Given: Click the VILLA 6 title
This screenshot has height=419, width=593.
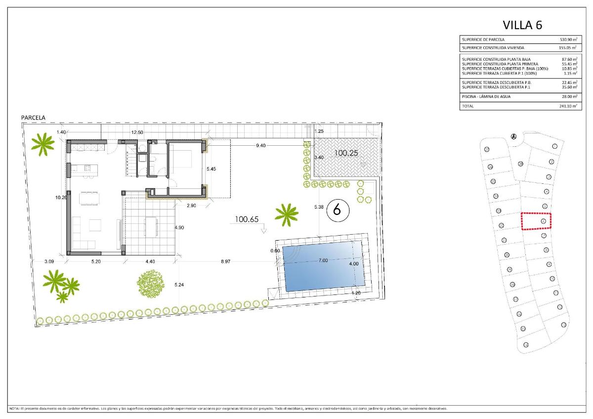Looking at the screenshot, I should coord(522,25).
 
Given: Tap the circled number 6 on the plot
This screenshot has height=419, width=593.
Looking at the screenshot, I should coord(338,209).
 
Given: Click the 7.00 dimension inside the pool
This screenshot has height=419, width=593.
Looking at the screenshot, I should coord(323,260).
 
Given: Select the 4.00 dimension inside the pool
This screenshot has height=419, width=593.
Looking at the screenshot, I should coord(354,264).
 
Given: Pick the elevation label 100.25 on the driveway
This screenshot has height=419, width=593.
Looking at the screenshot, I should coord(346,153).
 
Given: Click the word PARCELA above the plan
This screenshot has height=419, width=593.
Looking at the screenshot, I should coord(33,118).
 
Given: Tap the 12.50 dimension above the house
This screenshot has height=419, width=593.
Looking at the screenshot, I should coord(137,132).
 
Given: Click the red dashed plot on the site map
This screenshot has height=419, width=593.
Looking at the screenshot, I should coord(537,221).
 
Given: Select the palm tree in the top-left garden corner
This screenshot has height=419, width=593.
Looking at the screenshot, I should coord(43,143).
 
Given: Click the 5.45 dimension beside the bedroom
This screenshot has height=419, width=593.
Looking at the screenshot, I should coord(212,169).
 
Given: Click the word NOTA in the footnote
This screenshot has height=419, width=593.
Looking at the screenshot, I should coord(15,409).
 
